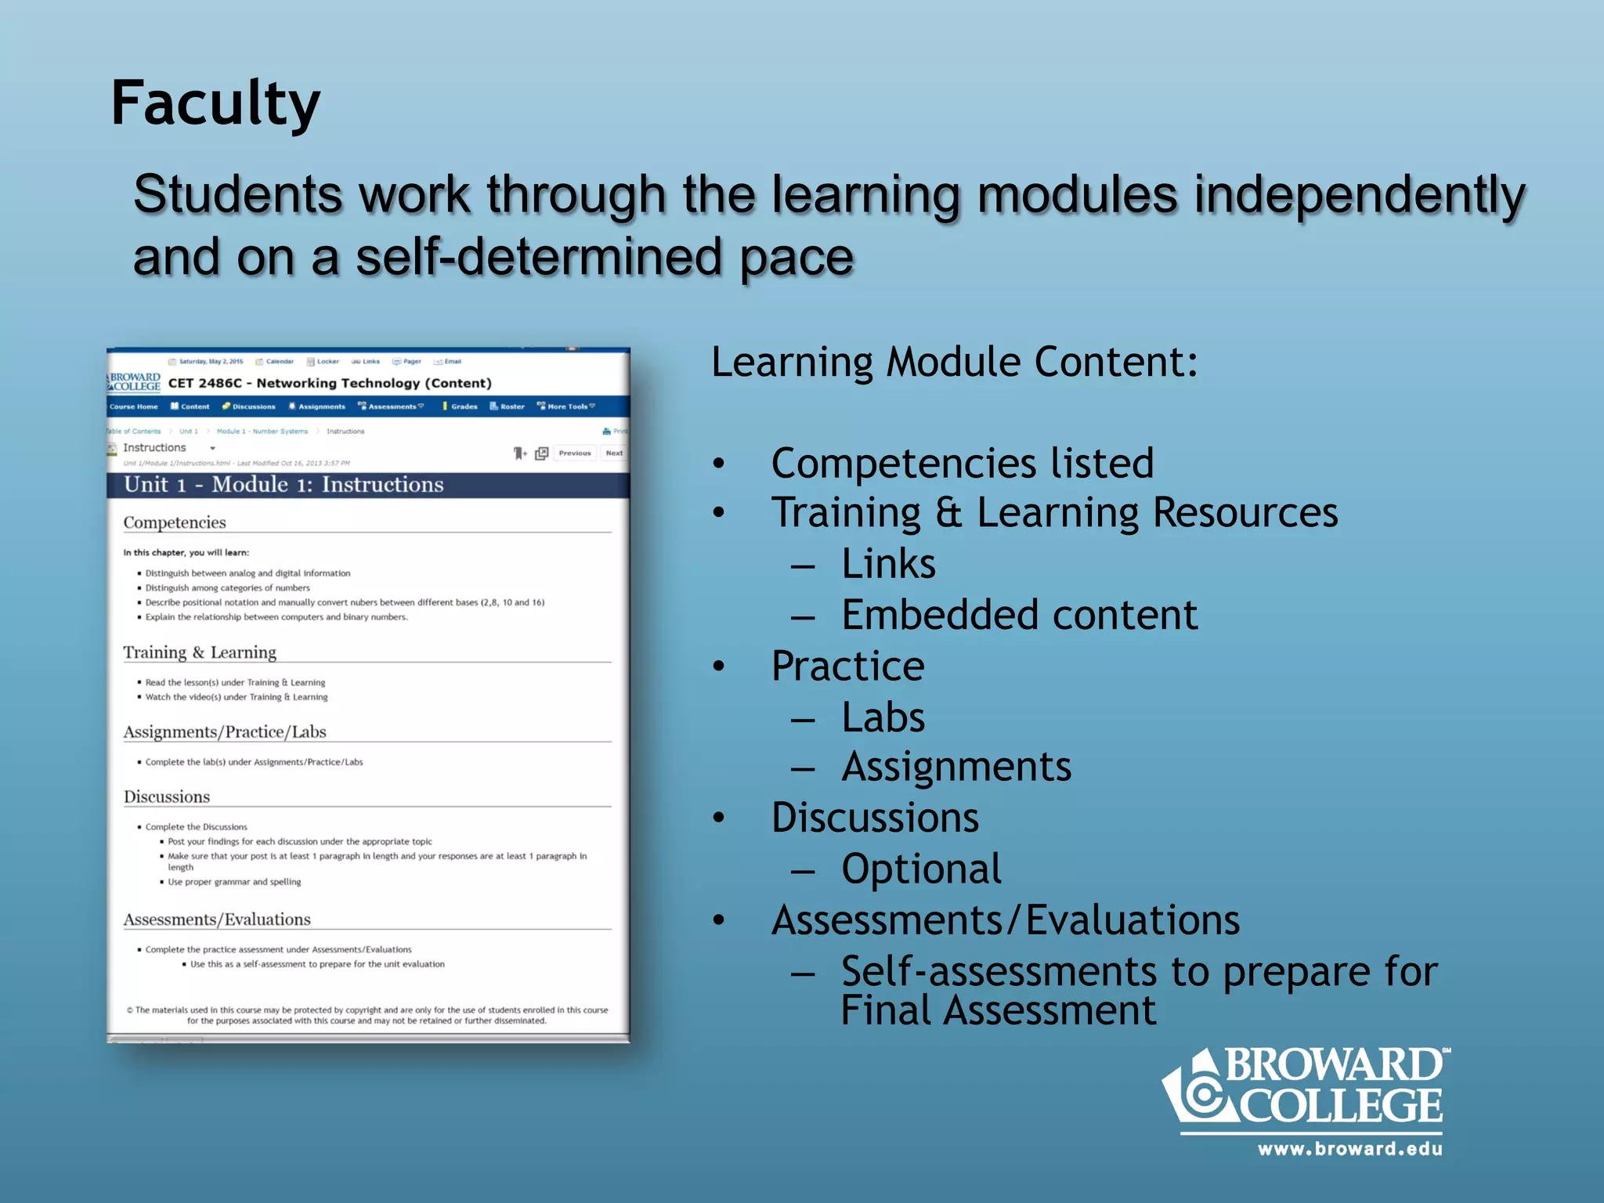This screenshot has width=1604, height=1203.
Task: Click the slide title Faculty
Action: pyautogui.click(x=215, y=103)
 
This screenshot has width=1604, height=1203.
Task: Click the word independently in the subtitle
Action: pyautogui.click(x=1359, y=196)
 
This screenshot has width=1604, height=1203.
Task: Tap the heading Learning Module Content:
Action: pyautogui.click(x=954, y=363)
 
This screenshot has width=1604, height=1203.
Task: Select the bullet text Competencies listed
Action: pyautogui.click(x=962, y=463)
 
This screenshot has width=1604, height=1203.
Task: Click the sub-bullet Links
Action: pyautogui.click(x=888, y=564)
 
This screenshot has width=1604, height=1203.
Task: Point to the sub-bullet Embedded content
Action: pyautogui.click(x=1019, y=615)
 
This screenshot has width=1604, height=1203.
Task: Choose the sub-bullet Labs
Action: pyautogui.click(x=883, y=717)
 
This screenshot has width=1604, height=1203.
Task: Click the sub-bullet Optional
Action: pyautogui.click(x=921, y=869)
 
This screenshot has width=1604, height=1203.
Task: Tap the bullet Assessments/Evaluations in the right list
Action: pyautogui.click(x=1005, y=920)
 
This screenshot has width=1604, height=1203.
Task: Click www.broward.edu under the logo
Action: pyautogui.click(x=1349, y=1149)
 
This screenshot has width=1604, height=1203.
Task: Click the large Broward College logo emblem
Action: pyautogui.click(x=1198, y=1091)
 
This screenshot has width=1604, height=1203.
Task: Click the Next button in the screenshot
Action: pyautogui.click(x=614, y=453)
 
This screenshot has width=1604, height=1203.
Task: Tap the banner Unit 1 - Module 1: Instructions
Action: pyautogui.click(x=284, y=485)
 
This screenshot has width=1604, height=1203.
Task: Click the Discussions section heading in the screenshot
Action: pyautogui.click(x=167, y=797)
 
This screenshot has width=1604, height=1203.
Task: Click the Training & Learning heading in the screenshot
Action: pyautogui.click(x=200, y=652)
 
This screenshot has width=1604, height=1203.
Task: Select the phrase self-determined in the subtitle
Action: pyautogui.click(x=538, y=258)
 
